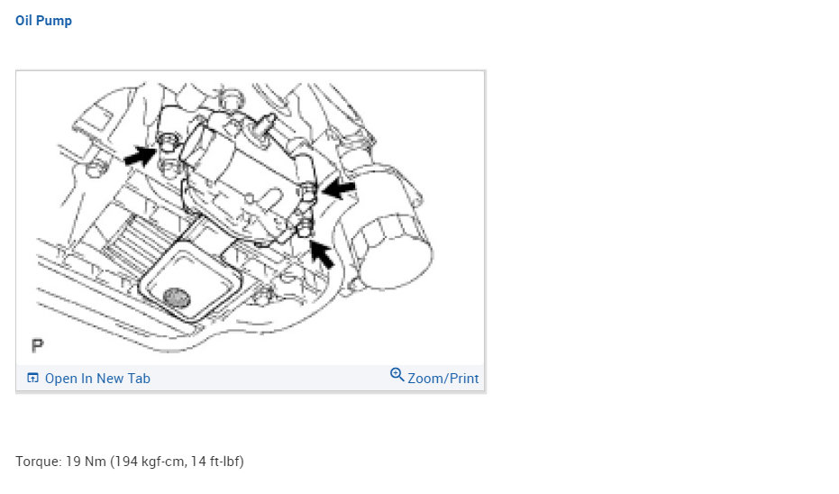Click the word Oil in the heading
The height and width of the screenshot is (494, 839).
click(x=23, y=21)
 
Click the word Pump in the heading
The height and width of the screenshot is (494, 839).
click(x=54, y=21)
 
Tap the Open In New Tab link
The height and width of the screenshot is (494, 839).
click(x=97, y=379)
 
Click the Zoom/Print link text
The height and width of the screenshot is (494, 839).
click(x=443, y=379)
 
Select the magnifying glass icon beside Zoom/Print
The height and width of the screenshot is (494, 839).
click(x=397, y=375)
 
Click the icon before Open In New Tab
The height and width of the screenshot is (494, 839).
click(x=32, y=378)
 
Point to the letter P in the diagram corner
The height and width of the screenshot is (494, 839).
click(x=37, y=346)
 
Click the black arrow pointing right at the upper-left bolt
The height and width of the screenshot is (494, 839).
click(x=140, y=156)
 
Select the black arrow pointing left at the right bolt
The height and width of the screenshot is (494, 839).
click(x=338, y=189)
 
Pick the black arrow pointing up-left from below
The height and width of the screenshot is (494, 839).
click(x=322, y=254)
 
